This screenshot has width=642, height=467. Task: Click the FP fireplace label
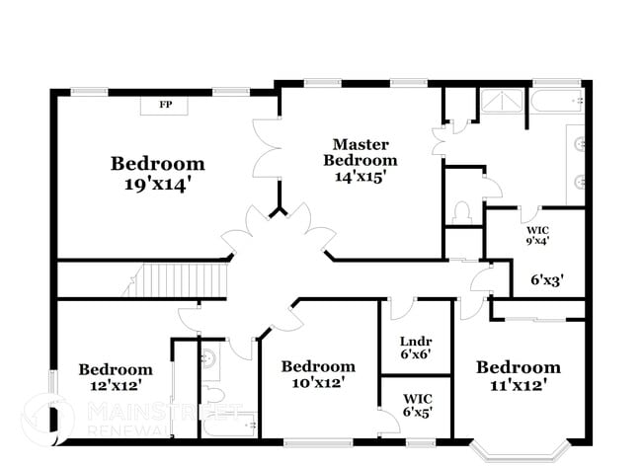[166, 104]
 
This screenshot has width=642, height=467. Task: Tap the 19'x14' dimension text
[158, 185]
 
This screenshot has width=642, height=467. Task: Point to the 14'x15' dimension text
[360, 177]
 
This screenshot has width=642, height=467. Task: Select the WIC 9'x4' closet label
[537, 233]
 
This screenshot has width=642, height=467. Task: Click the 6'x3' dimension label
[547, 280]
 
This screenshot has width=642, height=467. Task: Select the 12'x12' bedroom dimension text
[116, 387]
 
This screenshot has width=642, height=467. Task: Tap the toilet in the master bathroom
[461, 212]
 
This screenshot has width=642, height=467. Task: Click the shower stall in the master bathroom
[505, 104]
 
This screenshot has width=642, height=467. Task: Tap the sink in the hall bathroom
[210, 361]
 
